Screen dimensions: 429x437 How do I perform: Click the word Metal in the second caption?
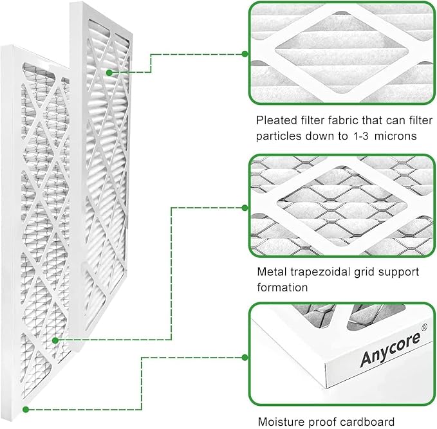click(x=272, y=272)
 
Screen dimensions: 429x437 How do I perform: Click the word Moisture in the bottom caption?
click(x=280, y=423)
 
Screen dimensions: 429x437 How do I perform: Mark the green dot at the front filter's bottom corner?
click(x=25, y=408)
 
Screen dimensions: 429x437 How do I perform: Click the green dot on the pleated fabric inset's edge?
click(x=245, y=54)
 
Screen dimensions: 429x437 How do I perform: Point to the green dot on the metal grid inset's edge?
click(x=245, y=207)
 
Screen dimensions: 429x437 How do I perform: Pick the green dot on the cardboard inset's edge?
click(x=245, y=358)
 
